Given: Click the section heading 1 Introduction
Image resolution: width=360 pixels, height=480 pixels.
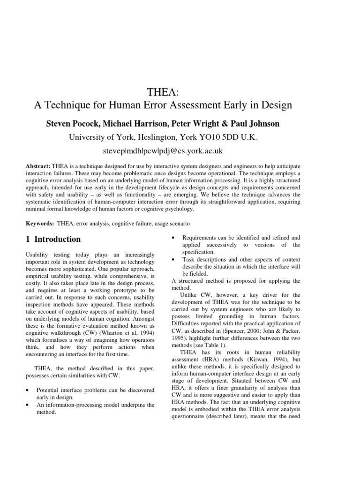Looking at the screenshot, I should pos(53,239).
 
